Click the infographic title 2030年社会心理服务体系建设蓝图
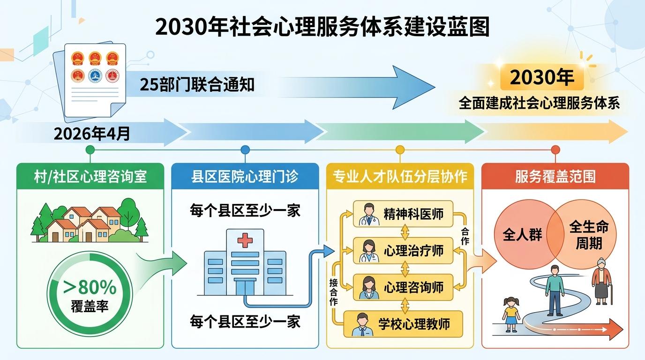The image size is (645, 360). [x=322, y=27]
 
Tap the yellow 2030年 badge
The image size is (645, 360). [x=541, y=77]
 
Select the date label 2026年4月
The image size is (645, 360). [x=92, y=134]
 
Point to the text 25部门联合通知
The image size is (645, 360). [x=197, y=85]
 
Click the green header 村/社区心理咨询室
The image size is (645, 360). [x=90, y=176]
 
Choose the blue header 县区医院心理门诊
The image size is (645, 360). [x=245, y=176]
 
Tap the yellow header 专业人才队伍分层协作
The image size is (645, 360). [x=400, y=176]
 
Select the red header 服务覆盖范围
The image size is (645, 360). [x=555, y=176]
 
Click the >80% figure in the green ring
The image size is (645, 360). [x=90, y=285]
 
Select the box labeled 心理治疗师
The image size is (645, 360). [x=404, y=250]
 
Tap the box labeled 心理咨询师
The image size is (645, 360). [x=404, y=286]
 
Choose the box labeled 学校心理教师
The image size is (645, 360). [x=404, y=323]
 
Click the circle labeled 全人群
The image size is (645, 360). [x=522, y=234]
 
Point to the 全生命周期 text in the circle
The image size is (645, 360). [x=589, y=235]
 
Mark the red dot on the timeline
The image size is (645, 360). [x=555, y=150]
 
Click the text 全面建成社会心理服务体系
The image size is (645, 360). [x=539, y=103]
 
